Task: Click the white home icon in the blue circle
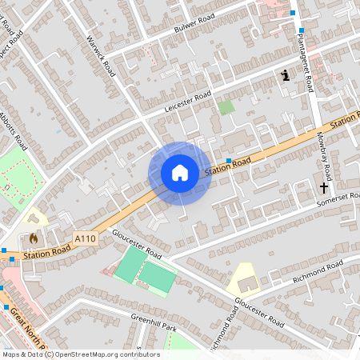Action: (180, 172)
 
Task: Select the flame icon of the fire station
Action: (34, 238)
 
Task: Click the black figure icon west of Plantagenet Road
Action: (286, 75)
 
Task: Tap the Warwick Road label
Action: (102, 60)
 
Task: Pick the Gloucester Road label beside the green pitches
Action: (137, 244)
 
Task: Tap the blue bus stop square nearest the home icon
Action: (229, 161)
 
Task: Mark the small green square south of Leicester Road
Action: (227, 106)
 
